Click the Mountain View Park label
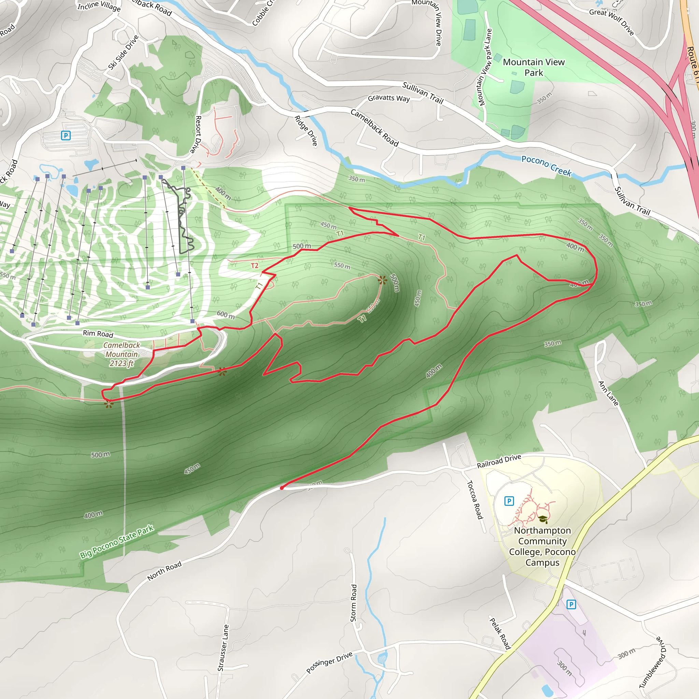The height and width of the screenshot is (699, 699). click(534, 67)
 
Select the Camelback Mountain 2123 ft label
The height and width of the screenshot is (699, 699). click(122, 354)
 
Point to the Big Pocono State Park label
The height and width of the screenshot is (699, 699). click(117, 542)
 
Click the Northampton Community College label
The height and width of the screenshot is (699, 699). click(542, 546)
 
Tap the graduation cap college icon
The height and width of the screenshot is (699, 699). click(543, 519)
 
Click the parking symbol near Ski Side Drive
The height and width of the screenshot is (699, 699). click(66, 136)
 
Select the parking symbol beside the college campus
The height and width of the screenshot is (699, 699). click(509, 501)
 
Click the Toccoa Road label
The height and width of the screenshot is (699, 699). click(475, 499)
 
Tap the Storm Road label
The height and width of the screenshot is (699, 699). click(354, 603)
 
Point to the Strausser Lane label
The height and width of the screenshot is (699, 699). click(223, 647)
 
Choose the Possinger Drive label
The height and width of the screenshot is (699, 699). click(329, 663)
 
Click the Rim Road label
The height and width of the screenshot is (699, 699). click(98, 333)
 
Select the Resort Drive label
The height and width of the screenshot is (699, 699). click(198, 134)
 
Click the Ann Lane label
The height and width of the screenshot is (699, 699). click(608, 393)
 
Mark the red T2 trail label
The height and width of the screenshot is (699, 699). click(255, 266)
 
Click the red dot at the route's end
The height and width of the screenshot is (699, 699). click(282, 488)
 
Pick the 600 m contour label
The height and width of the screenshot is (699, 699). click(226, 315)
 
